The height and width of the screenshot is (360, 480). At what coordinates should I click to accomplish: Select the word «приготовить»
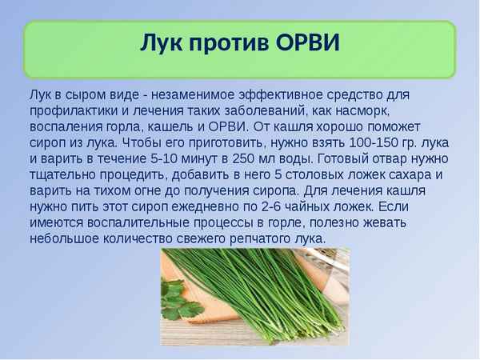(226, 143)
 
